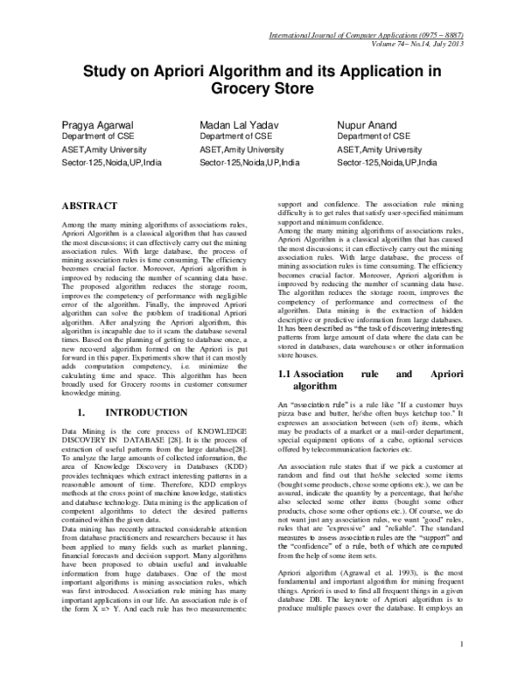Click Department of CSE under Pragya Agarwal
click(95, 136)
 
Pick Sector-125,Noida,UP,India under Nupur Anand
click(387, 163)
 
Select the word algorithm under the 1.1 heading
click(318, 386)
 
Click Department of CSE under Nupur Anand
click(373, 136)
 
